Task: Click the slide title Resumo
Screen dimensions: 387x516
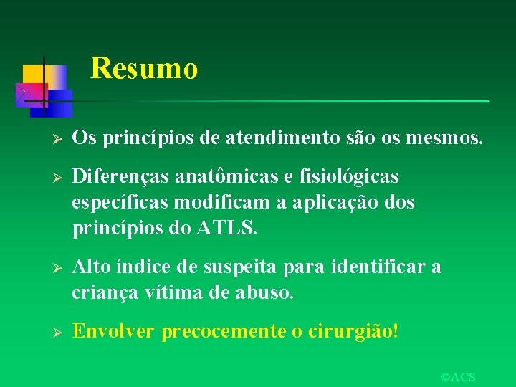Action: pyautogui.click(x=144, y=69)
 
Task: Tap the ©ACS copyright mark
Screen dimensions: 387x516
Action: pyautogui.click(x=458, y=377)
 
